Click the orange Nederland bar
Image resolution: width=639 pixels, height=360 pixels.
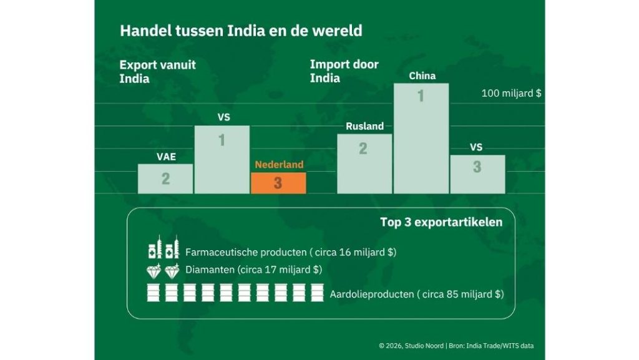click(x=278, y=183)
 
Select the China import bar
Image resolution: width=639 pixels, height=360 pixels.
click(x=421, y=138)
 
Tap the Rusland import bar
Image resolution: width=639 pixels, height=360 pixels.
click(x=364, y=163)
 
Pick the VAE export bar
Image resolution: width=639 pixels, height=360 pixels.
click(x=165, y=178)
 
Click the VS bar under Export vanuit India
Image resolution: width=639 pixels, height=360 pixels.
click(x=222, y=159)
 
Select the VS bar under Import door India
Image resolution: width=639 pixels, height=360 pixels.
click(x=477, y=174)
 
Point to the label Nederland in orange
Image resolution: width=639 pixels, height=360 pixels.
click(x=279, y=165)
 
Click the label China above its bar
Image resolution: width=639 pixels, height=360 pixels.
click(x=422, y=76)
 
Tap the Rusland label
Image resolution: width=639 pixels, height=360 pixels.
click(x=364, y=126)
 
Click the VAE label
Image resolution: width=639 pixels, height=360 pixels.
click(x=166, y=157)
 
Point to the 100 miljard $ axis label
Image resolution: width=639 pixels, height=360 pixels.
click(x=511, y=93)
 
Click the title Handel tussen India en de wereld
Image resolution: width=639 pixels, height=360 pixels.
click(x=241, y=31)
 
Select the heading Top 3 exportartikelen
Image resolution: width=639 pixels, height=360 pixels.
click(x=441, y=222)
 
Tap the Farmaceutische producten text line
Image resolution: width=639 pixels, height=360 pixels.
click(x=291, y=252)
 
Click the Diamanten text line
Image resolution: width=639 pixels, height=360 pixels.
click(x=253, y=270)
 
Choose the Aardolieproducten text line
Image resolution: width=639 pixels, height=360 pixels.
click(x=416, y=293)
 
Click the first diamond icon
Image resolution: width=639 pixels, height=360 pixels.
click(x=154, y=271)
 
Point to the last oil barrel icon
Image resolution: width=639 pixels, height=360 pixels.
click(x=317, y=293)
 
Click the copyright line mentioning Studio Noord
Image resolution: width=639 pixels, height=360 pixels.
click(x=456, y=346)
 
